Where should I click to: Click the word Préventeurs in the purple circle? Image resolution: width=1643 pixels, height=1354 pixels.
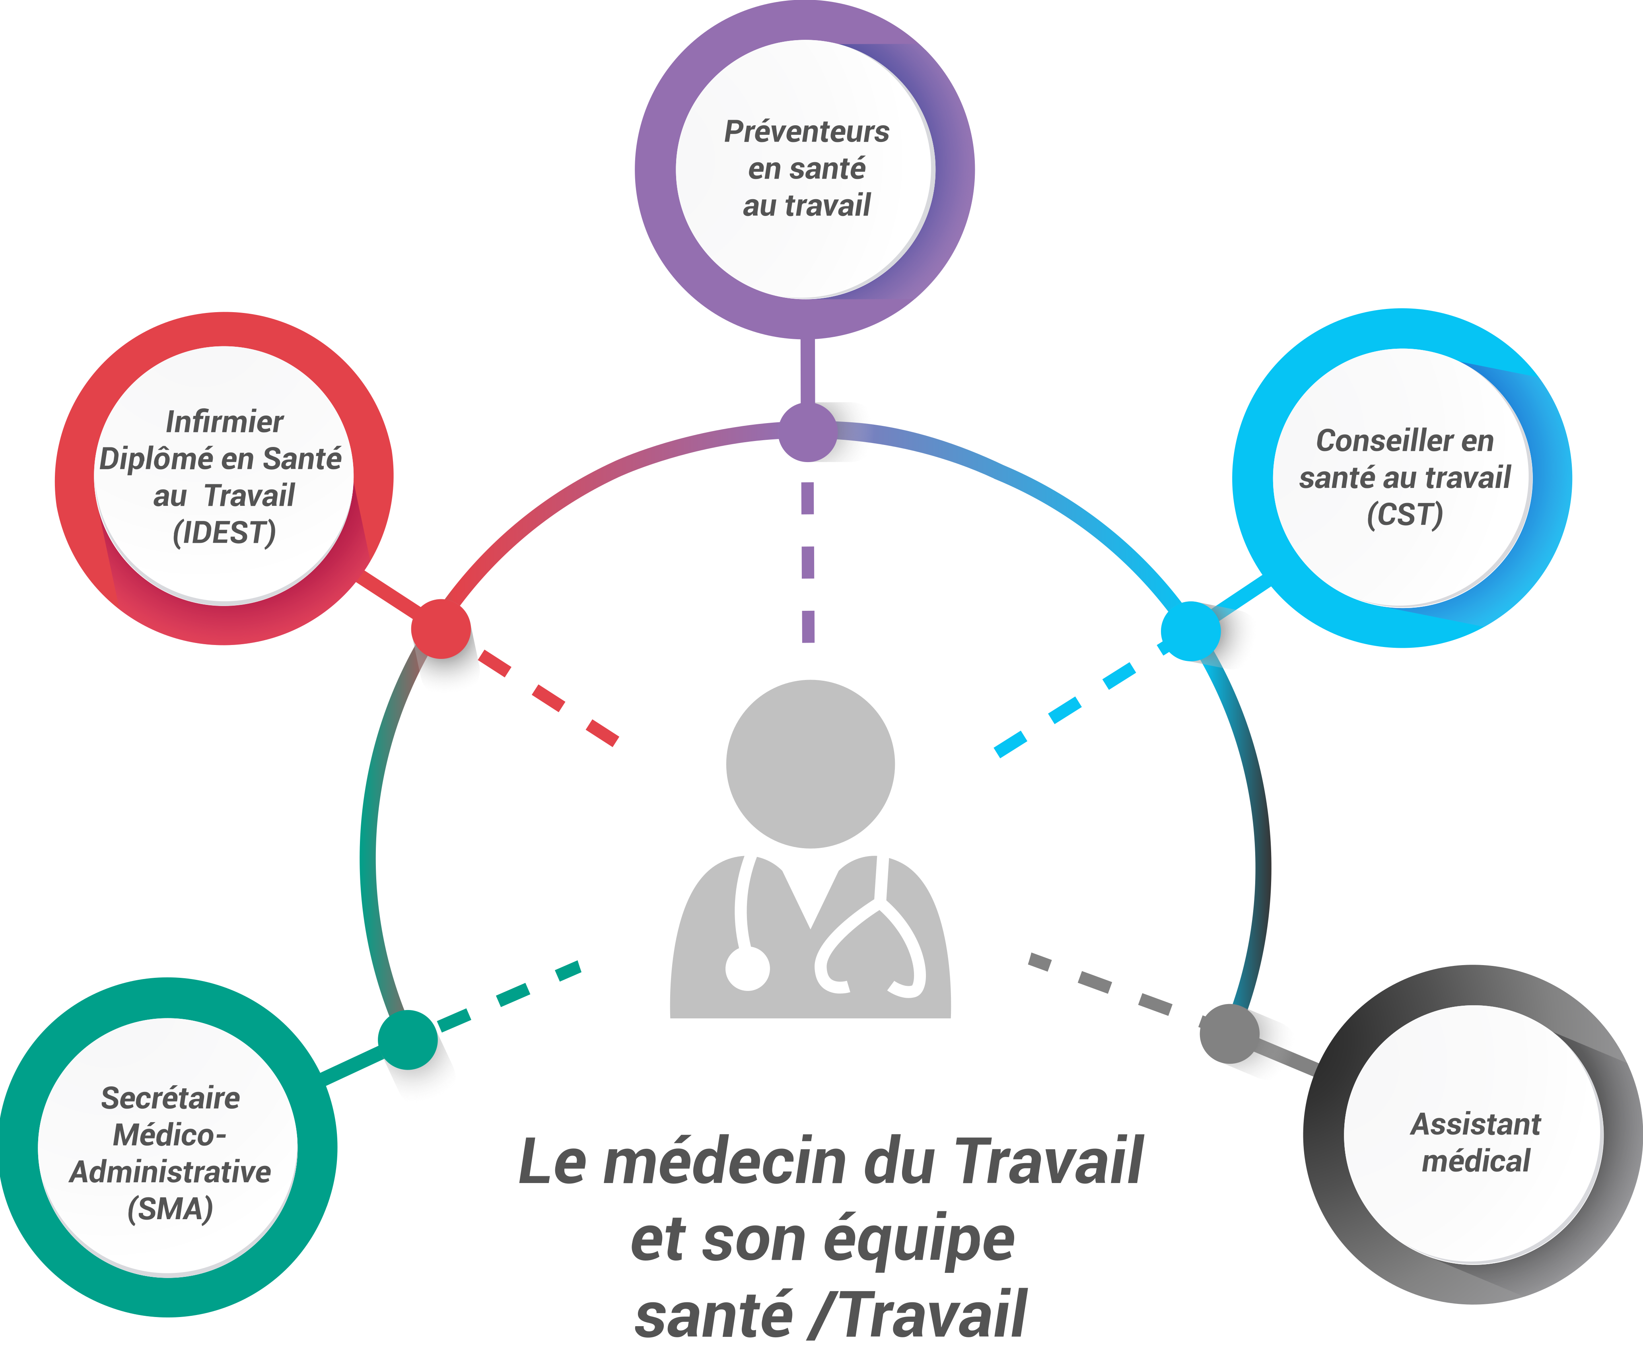coord(806,132)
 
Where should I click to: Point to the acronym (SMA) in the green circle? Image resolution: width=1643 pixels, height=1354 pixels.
coord(170,1209)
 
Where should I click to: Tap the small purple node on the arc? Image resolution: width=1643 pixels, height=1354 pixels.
coord(807,431)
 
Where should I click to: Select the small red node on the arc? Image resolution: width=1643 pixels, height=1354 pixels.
coord(441,629)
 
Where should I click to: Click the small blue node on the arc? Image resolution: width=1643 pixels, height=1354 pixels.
coord(1190,631)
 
